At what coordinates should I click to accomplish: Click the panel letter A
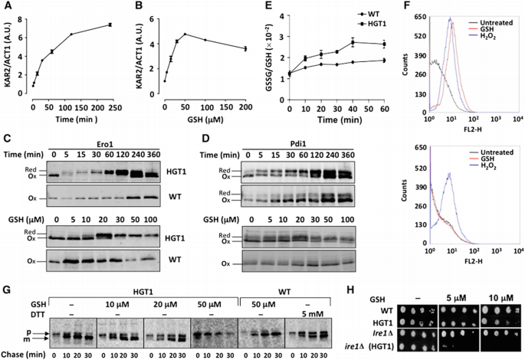click(6, 7)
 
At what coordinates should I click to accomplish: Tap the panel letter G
click(6, 270)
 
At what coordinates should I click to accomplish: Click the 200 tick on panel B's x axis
click(244, 110)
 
